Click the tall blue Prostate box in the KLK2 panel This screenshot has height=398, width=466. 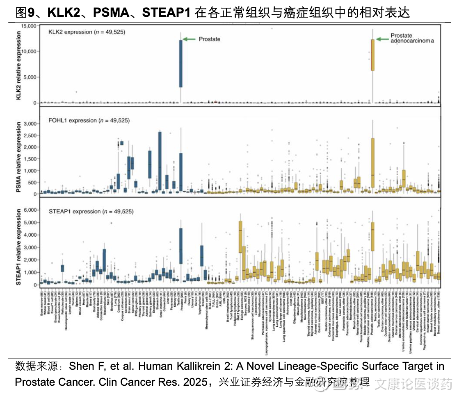(180, 63)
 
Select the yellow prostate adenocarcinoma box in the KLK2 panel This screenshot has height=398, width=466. (372, 55)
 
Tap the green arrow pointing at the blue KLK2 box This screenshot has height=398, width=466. (189, 39)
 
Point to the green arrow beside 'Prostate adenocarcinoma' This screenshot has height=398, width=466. (382, 39)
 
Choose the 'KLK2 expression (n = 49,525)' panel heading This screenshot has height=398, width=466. (87, 32)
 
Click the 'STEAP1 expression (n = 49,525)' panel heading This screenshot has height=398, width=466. (91, 211)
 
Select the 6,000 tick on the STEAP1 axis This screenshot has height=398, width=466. (30, 210)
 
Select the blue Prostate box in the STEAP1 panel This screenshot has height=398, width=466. (180, 246)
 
